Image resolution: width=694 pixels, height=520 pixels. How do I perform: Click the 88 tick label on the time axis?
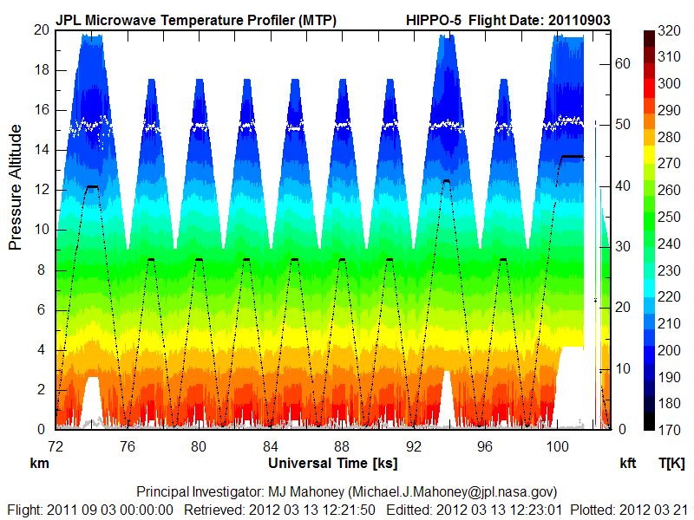coord(342,446)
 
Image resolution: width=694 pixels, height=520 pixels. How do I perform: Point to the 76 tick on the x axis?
coord(128,446)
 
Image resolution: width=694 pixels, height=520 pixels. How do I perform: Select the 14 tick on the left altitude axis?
coord(41,150)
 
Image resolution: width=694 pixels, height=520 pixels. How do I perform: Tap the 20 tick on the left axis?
coord(41,30)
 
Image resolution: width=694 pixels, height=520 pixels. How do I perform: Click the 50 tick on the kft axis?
coord(623,124)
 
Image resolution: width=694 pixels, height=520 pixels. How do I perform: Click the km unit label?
coord(39,464)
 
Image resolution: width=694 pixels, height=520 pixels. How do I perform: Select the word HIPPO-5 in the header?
coord(435,19)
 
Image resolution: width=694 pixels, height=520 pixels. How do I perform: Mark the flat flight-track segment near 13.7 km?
coord(573,157)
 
